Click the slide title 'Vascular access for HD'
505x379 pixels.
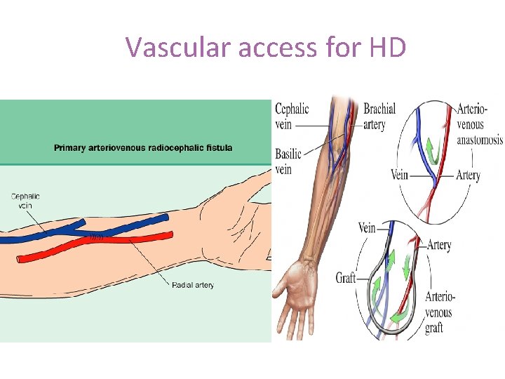click(266, 47)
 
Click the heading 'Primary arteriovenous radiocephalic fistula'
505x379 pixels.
click(143, 148)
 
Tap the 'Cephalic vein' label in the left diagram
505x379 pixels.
click(25, 201)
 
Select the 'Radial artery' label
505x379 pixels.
click(193, 284)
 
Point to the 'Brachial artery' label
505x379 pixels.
click(379, 117)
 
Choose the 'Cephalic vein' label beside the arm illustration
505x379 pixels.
click(292, 117)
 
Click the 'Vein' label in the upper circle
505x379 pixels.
click(399, 175)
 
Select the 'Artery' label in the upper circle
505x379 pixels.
click(468, 175)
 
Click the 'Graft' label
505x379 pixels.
click(346, 278)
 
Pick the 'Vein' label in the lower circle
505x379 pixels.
click(367, 227)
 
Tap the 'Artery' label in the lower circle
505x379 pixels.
click(438, 245)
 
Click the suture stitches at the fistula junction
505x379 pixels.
click(96, 238)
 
